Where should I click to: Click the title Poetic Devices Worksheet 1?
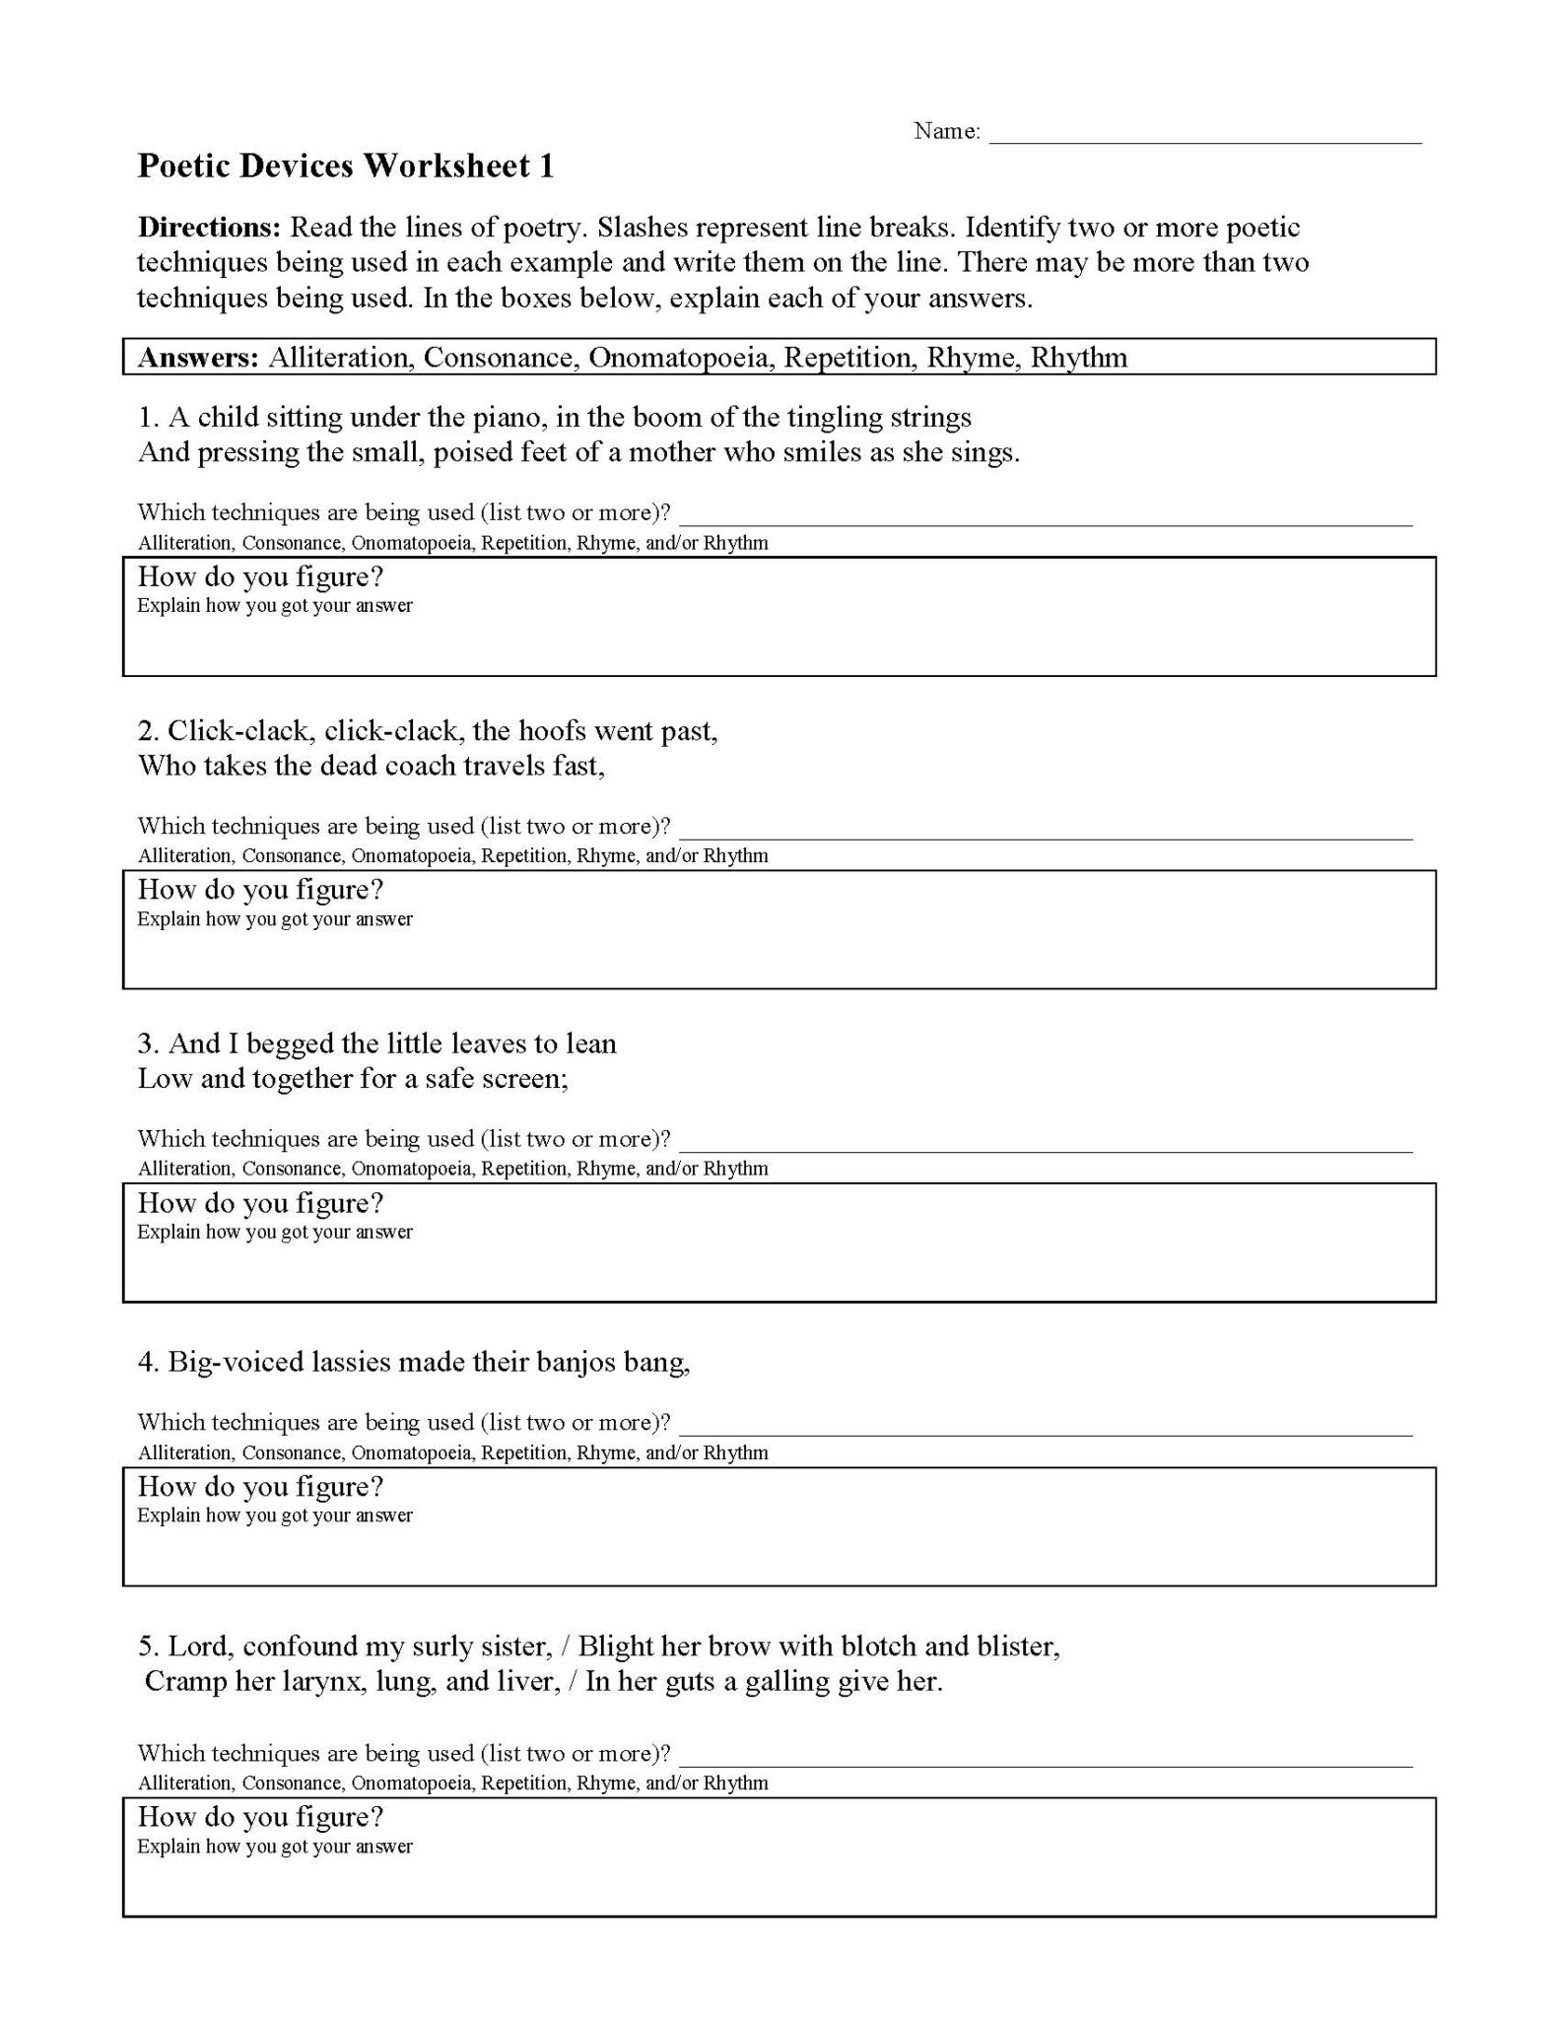coord(345,166)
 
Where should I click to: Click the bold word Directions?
coord(209,228)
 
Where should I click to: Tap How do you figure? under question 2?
coord(260,890)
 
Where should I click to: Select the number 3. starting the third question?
coord(149,1044)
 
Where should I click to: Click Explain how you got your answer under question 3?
coord(274,1232)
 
